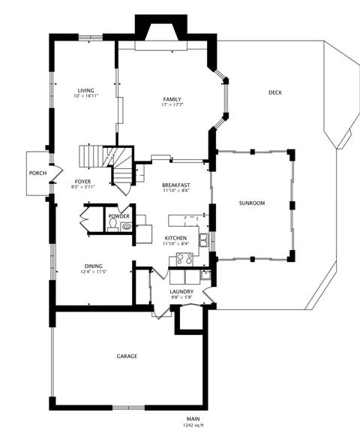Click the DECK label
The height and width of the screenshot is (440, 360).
pos(275,92)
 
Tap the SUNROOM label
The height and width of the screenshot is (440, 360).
pos(252,203)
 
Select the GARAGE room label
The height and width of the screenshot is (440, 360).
pos(127,356)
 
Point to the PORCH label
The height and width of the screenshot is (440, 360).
pos(37,173)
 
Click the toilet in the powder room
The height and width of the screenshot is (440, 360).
pos(113,225)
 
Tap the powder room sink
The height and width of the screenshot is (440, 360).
pos(127,227)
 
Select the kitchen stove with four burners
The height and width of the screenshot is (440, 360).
pos(184,259)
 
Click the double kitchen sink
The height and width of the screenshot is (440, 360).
pos(203,240)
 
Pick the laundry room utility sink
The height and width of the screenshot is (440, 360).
pos(205,275)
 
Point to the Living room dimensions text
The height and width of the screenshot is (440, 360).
pos(85,95)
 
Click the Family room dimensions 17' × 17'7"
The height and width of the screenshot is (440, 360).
pos(172,104)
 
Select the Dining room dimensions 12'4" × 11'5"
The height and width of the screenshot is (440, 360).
pos(94,271)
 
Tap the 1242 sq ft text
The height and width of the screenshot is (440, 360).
pos(193,425)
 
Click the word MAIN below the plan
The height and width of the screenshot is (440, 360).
pos(193,419)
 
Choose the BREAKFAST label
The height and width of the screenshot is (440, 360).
pos(175,185)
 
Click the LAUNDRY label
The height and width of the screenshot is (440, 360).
pos(181,291)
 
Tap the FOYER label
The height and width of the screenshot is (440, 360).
pos(82,182)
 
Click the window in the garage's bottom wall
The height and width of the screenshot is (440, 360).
pos(129,408)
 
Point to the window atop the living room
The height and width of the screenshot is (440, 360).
pos(90,38)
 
